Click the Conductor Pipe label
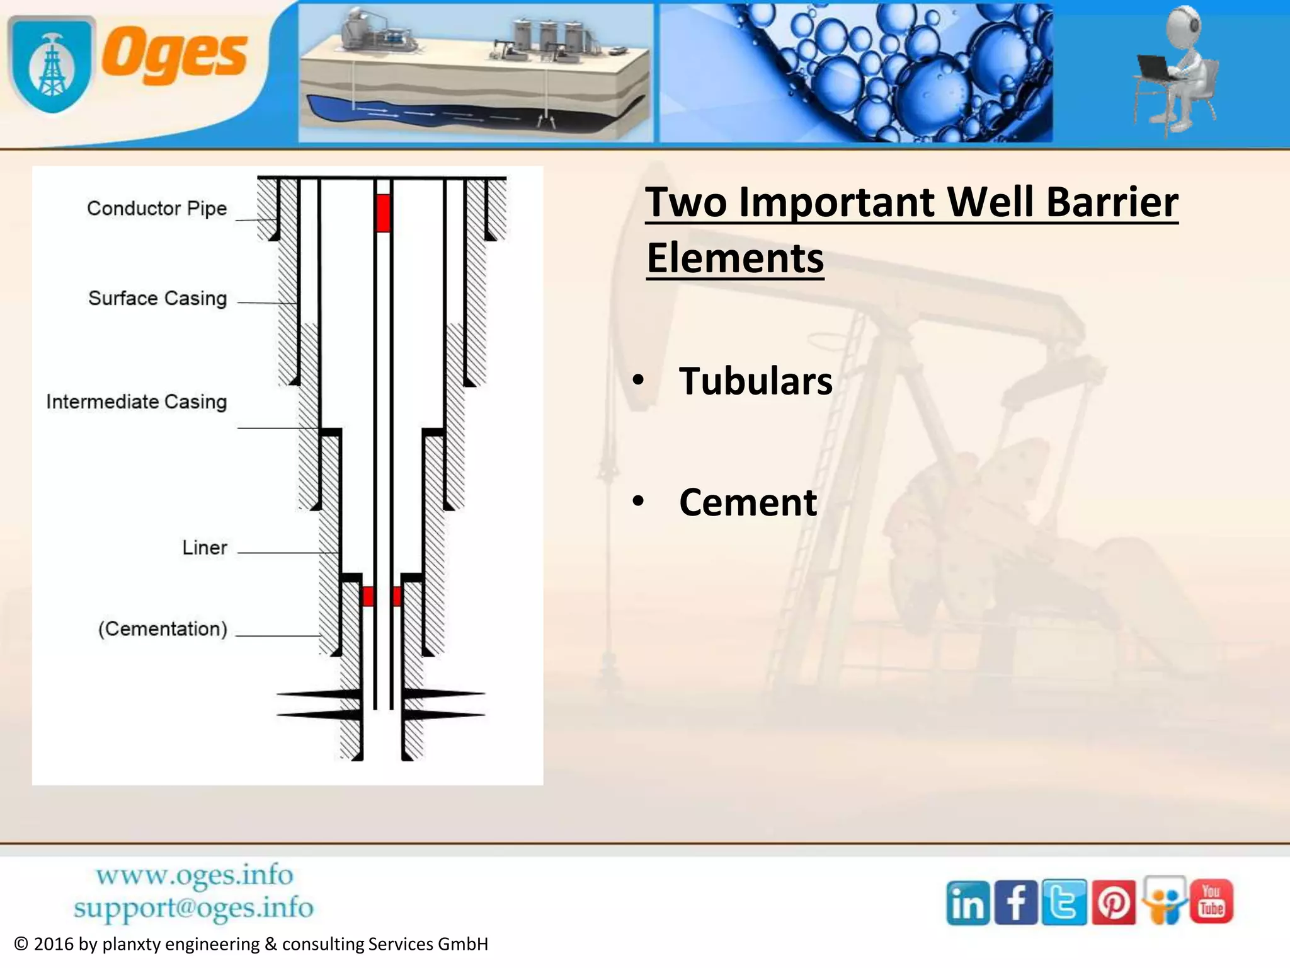tap(157, 208)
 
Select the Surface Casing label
tap(157, 298)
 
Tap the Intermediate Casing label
tap(136, 401)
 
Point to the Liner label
tap(204, 548)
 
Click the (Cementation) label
tap(163, 629)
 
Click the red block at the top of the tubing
tap(382, 213)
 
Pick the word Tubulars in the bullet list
tap(755, 381)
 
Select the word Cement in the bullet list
tap(748, 502)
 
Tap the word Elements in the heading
tap(735, 258)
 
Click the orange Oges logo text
tap(174, 55)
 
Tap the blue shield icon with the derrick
tap(52, 65)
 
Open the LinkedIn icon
tap(967, 903)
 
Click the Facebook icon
tap(1015, 903)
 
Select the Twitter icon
tap(1064, 903)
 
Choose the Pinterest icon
tap(1113, 903)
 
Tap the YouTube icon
tap(1211, 901)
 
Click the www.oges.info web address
tap(194, 875)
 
